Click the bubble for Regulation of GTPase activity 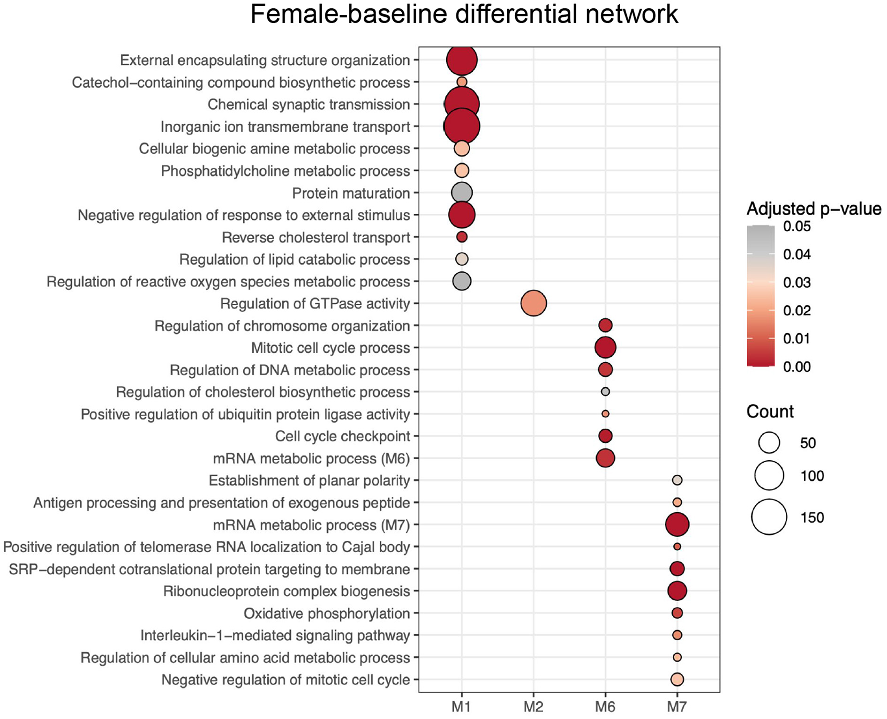(533, 303)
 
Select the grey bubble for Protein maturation (462, 193)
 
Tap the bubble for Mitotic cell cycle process (605, 347)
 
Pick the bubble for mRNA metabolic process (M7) (677, 525)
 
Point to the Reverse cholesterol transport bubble (462, 237)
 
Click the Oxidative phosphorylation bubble (677, 613)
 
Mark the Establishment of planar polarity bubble (677, 480)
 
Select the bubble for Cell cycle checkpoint (605, 436)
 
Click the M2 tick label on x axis (533, 706)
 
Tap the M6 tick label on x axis (605, 706)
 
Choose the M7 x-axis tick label (677, 706)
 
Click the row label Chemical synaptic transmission (309, 104)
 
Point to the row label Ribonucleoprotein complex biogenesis (286, 591)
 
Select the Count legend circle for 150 (769, 517)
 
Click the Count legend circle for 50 (769, 443)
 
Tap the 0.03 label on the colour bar (797, 283)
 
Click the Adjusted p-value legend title (814, 209)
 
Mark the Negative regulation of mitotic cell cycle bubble (677, 679)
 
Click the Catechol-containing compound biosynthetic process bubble (462, 82)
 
